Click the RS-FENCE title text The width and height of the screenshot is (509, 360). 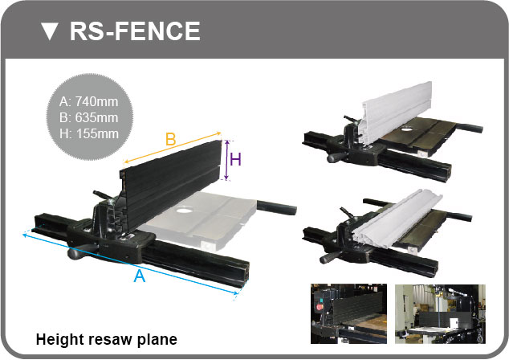[135, 31]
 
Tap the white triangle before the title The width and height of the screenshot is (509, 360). [50, 31]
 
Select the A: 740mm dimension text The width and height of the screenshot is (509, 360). [88, 102]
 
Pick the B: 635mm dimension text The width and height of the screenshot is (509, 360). [88, 117]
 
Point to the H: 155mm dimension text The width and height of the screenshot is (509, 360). [89, 133]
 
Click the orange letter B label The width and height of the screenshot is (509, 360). [171, 139]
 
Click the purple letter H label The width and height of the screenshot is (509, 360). [236, 160]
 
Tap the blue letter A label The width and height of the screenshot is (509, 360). [140, 276]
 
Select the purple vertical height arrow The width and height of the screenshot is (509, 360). [227, 160]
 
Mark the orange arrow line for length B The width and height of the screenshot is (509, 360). [173, 147]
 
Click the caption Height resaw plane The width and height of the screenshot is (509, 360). [107, 340]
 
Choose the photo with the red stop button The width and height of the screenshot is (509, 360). [348, 314]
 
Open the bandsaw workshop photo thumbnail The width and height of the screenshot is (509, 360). [440, 314]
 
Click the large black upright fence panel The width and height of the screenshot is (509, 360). [172, 183]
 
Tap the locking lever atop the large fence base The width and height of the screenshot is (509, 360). [104, 196]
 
